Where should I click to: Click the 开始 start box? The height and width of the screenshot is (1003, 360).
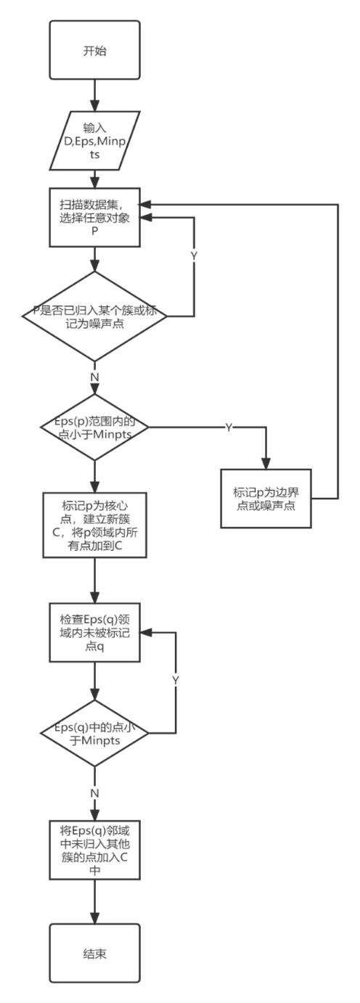click(x=94, y=52)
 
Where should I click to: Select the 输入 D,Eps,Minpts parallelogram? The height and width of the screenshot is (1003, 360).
click(x=94, y=142)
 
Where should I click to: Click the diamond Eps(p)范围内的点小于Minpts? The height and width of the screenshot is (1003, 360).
click(x=94, y=427)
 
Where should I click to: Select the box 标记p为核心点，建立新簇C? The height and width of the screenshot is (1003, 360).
click(x=94, y=525)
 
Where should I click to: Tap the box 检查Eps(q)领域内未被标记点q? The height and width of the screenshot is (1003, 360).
click(x=94, y=631)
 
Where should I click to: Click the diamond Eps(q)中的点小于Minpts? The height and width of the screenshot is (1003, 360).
click(x=94, y=734)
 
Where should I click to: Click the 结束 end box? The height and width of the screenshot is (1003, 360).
click(x=94, y=953)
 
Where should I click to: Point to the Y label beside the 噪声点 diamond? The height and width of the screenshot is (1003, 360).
click(x=194, y=256)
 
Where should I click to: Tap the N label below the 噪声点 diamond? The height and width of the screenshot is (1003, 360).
click(x=94, y=377)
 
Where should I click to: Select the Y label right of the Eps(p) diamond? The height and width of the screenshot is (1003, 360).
click(x=228, y=428)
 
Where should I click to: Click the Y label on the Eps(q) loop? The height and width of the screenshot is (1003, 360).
click(x=176, y=680)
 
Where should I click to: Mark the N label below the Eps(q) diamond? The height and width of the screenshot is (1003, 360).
click(x=94, y=791)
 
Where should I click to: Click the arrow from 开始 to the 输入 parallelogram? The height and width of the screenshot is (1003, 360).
click(x=94, y=94)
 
